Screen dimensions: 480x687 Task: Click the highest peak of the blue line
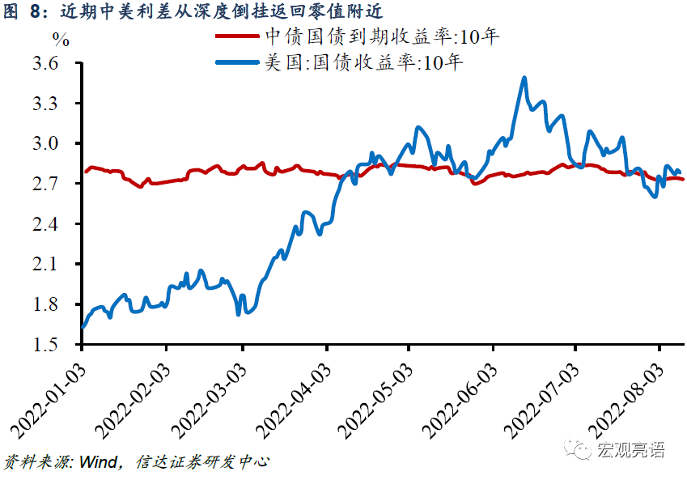(524, 78)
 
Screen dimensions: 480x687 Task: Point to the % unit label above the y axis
(61, 38)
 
